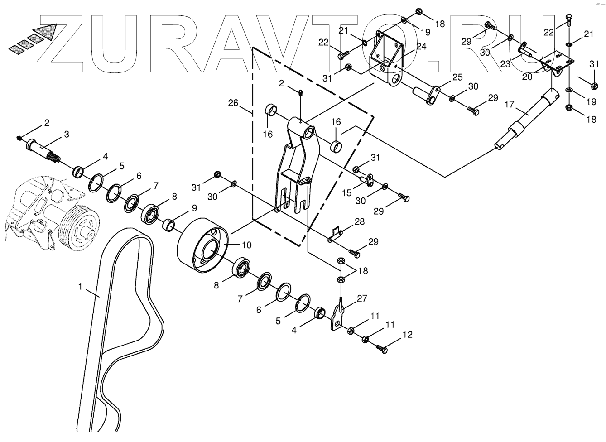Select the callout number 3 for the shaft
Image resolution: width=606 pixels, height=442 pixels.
tap(67, 134)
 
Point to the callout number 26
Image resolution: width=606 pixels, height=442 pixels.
tap(233, 103)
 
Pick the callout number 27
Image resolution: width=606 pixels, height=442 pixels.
tap(362, 298)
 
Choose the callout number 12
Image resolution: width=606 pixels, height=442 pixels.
tap(407, 335)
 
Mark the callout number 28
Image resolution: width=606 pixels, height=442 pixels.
tap(359, 221)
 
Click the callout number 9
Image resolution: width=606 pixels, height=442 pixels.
tap(194, 208)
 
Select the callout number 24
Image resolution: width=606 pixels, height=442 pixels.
tap(421, 46)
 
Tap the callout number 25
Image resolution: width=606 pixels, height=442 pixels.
tap(457, 77)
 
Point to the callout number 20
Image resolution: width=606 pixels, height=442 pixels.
tap(527, 77)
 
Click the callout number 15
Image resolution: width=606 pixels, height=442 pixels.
tap(346, 193)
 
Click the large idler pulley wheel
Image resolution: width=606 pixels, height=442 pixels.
tap(200, 246)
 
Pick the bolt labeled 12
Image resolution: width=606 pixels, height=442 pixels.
tap(381, 348)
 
